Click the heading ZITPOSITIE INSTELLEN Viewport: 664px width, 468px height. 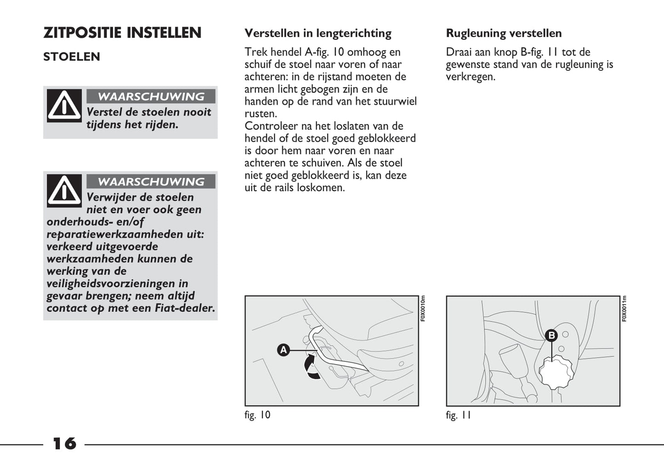[122, 33]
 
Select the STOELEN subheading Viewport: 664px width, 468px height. [72, 57]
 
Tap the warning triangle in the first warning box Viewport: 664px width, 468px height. [64, 106]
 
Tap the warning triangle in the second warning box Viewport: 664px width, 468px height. [64, 190]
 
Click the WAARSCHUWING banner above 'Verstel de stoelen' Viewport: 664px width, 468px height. [151, 97]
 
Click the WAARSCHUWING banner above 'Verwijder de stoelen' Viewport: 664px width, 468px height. [151, 182]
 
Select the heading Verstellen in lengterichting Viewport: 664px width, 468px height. [318, 33]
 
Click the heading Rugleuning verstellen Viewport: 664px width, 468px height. [504, 33]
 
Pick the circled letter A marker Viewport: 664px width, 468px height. [284, 350]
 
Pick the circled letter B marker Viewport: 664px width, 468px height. [551, 336]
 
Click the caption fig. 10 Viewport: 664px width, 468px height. [257, 415]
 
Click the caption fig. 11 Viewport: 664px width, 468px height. [458, 415]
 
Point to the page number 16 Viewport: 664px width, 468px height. [64, 444]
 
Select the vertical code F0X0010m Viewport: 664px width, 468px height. [423, 308]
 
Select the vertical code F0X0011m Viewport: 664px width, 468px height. [624, 308]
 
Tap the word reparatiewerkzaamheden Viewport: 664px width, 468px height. [116, 234]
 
